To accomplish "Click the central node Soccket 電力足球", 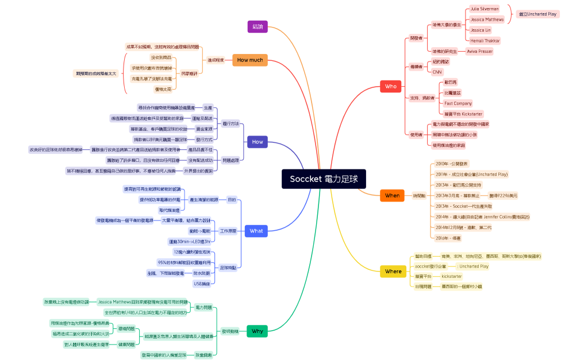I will (x=324, y=179).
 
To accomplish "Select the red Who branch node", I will (x=390, y=86).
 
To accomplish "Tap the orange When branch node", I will (x=392, y=195).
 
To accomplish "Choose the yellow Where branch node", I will (x=393, y=271).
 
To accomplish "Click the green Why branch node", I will (x=257, y=331).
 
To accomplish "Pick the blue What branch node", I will (x=256, y=231).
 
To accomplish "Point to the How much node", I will (x=249, y=60).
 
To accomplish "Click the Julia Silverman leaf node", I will (x=485, y=9).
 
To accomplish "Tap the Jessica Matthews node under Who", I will (x=487, y=19).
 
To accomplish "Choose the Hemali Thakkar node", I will (x=485, y=40).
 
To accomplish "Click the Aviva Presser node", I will (x=480, y=51).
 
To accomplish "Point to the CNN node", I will (x=437, y=72).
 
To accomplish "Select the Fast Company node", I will (x=458, y=103).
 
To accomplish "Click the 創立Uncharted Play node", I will (x=537, y=14).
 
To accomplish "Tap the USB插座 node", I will (x=202, y=284).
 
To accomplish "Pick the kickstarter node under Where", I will (x=452, y=276).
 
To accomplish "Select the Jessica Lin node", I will (x=481, y=30).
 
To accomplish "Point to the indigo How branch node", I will (x=257, y=141).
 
